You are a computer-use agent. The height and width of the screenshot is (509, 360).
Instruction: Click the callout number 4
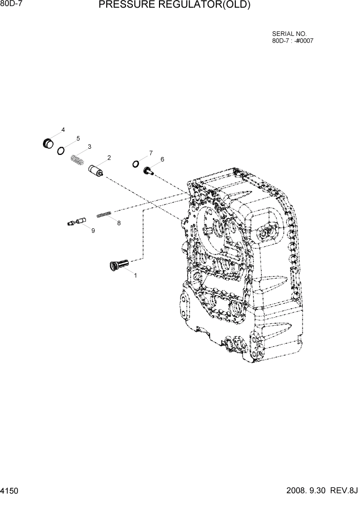pos(63,130)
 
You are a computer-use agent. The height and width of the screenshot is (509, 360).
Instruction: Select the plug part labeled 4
pos(48,143)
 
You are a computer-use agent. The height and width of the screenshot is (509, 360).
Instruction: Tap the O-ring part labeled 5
pos(61,150)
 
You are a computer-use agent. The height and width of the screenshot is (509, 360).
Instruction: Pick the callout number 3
pos(89,147)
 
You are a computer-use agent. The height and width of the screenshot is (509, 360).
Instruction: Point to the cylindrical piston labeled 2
pos(96,170)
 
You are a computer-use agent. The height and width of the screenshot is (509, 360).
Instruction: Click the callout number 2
pos(109,158)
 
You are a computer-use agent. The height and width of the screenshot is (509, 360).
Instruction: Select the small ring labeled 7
pos(135,164)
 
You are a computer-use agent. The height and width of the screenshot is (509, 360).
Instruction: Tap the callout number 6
pos(162,159)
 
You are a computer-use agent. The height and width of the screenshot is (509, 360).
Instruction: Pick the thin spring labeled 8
pos(105,214)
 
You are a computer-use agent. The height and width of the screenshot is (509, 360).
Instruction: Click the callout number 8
pos(119,223)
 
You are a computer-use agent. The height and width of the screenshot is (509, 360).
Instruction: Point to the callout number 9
pos(93,231)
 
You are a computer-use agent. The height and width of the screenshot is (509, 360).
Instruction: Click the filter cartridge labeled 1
pos(119,265)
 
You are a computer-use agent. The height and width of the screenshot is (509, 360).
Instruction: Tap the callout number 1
pos(135,276)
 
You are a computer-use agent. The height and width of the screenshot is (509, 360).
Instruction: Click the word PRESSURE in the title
pos(127,6)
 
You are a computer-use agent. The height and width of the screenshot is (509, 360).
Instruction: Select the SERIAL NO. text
pos(289,34)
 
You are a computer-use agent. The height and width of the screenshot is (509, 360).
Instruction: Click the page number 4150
pos(10,491)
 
